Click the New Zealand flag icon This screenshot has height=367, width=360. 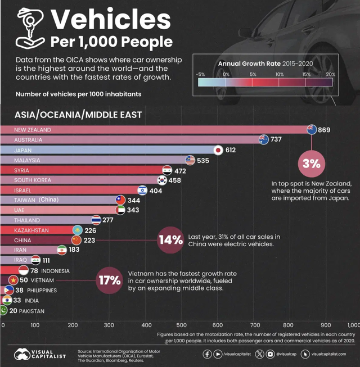(311, 129)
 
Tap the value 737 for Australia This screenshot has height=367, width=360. (276, 139)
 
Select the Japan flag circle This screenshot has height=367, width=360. (218, 150)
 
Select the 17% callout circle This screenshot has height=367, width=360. (109, 279)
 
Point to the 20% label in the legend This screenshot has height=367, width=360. (331, 74)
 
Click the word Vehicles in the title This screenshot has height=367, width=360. (110, 20)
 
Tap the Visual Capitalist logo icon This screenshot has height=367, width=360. (23, 355)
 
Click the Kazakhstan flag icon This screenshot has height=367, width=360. (77, 230)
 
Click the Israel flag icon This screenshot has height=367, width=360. (142, 190)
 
